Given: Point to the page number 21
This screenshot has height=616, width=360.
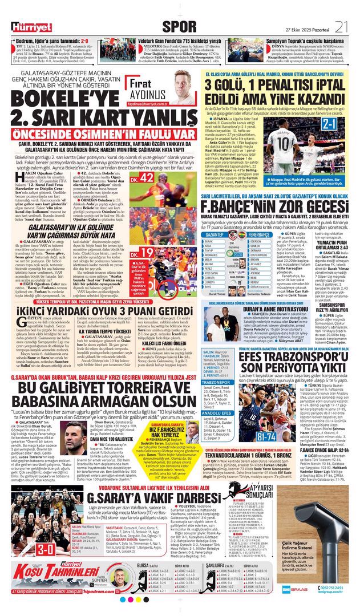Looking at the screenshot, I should [x=342, y=26].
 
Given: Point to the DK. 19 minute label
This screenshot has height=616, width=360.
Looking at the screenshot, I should [x=147, y=235].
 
